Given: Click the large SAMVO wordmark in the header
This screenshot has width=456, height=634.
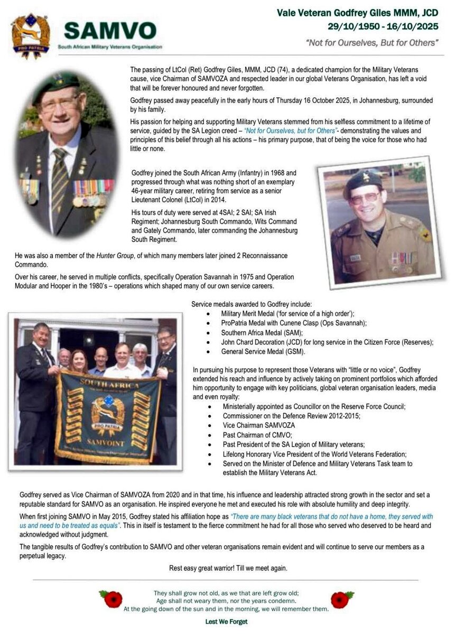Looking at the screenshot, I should (110, 31).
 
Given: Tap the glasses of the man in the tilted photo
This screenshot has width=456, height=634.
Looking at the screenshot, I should (364, 198).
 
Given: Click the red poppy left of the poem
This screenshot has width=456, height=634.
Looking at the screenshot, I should (113, 599).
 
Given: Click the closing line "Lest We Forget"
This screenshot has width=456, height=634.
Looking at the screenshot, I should (226, 622).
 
